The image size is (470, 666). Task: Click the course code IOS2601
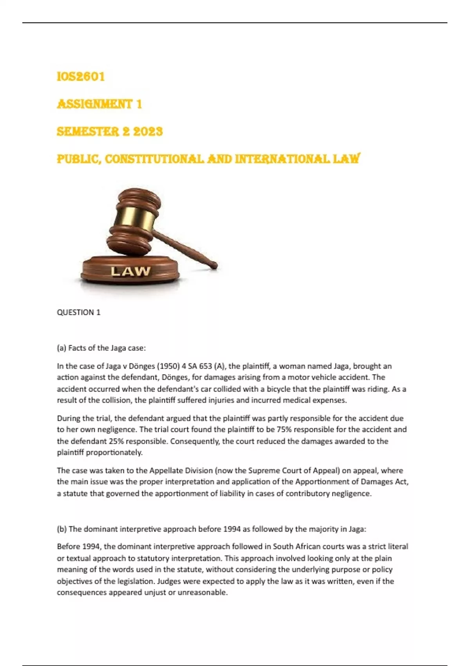(x=81, y=76)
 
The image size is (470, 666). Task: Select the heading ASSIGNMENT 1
(x=99, y=104)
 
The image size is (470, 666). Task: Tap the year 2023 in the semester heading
(x=148, y=131)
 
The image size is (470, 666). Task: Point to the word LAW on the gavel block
(x=130, y=271)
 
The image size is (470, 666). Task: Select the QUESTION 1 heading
(x=78, y=312)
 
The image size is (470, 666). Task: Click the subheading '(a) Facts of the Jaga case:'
(x=101, y=348)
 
